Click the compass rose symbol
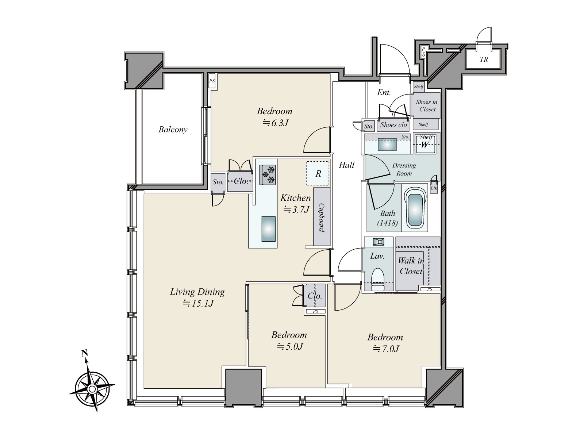pos(92,389)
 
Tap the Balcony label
pos(173,130)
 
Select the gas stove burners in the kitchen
pos(268,174)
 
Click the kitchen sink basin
pos(268,228)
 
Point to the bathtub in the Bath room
pos(415,210)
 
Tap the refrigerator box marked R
pos(318,173)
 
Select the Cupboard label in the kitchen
pos(322,218)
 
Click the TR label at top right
pos(484,59)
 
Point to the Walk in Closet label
pos(411,266)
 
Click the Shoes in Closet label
pos(427,105)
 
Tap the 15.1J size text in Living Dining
pos(198,303)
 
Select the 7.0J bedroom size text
pos(386,349)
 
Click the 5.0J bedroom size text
pos(289,346)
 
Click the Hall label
pos(346,165)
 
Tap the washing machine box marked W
pos(425,145)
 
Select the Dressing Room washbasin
pos(387,145)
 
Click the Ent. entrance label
pos(384,93)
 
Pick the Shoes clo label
pos(393,125)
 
